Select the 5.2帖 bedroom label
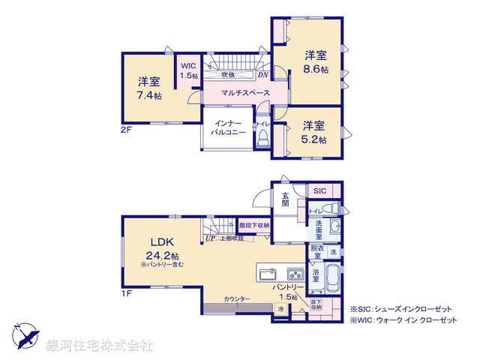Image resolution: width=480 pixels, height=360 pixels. tap(314, 133)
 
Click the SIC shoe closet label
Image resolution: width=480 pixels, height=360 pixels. tap(319, 190)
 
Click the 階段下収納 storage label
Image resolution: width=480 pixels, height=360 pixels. tap(255, 224)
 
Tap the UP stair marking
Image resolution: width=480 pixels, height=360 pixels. tap(210, 239)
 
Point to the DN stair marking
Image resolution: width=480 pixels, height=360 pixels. tap(262, 74)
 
